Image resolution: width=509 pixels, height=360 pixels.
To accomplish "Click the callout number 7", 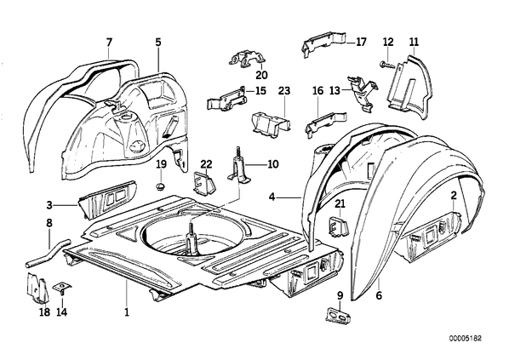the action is (109, 43).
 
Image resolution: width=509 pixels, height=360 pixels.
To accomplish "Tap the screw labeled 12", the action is (386, 65).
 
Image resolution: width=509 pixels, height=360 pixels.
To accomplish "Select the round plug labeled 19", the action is (160, 186).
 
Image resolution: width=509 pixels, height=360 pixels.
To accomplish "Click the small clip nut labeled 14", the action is (62, 288).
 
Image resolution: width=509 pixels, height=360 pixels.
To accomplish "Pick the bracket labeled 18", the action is (37, 289).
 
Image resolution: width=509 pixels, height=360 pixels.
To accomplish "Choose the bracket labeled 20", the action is (248, 59).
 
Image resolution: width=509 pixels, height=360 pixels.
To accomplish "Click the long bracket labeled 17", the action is (323, 43).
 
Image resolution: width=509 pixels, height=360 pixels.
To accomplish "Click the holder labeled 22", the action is (203, 185).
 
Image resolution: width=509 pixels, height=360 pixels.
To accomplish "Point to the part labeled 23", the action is (271, 122).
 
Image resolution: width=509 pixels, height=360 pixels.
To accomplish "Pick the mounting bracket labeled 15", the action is (226, 98).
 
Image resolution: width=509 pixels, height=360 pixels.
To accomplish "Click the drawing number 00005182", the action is (466, 338).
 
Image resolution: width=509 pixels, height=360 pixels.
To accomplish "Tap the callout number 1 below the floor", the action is (127, 312).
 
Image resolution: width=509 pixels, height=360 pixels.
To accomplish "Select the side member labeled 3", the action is (108, 199).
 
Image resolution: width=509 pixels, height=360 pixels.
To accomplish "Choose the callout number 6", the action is (379, 295).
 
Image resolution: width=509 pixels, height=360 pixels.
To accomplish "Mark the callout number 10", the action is (273, 164).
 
